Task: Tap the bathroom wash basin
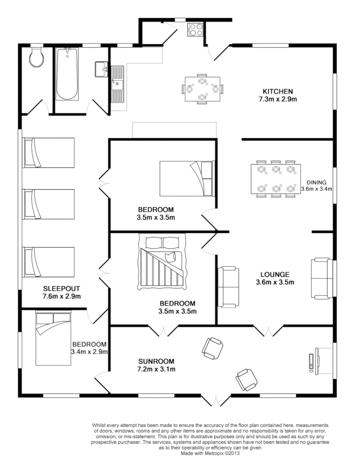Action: pos(101,69)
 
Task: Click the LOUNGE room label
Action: pos(275,274)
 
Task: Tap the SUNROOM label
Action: pos(156,361)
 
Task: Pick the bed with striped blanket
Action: pos(162,263)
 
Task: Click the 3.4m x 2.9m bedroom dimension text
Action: pos(89,352)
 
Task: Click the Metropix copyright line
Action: pos(210,453)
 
